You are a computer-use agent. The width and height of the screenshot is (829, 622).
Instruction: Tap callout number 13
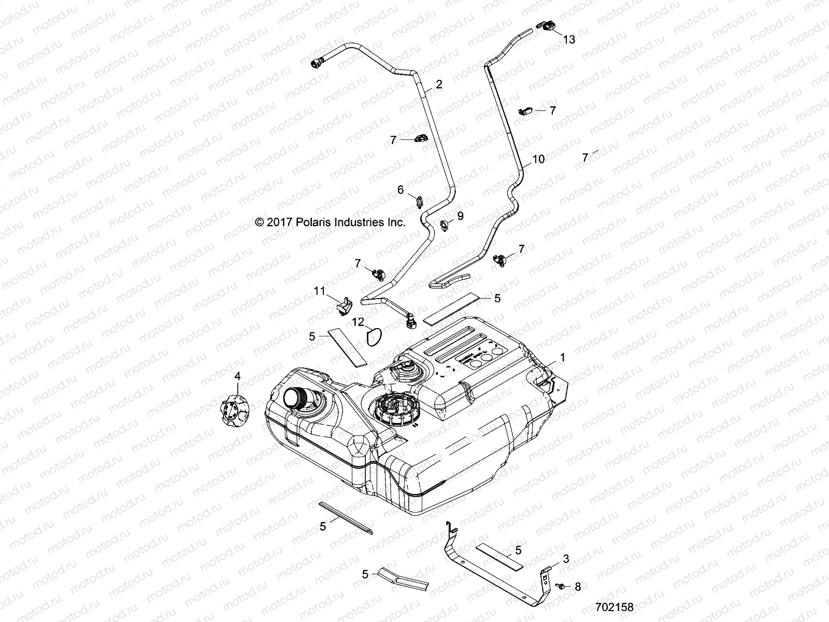click(x=569, y=39)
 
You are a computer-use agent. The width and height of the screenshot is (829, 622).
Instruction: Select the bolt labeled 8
click(x=561, y=585)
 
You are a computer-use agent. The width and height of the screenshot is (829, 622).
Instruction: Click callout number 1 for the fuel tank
click(x=563, y=357)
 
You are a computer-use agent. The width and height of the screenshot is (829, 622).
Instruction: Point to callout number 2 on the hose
click(x=439, y=84)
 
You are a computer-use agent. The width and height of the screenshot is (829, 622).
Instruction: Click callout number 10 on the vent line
click(x=538, y=159)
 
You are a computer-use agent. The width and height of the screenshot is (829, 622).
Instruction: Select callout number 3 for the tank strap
click(x=566, y=559)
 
